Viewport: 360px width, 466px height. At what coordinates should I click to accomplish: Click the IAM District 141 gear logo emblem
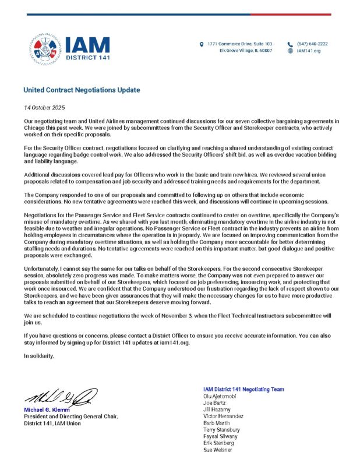(x=44, y=48)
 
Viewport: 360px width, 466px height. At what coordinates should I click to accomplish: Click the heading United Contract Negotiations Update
(x=82, y=90)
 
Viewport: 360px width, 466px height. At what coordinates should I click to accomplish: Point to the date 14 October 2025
(x=44, y=108)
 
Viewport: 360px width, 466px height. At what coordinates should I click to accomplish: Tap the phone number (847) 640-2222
(x=312, y=44)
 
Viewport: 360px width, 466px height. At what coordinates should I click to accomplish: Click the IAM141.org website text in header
(x=309, y=51)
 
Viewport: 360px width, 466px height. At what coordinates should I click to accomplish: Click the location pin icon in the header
(x=201, y=44)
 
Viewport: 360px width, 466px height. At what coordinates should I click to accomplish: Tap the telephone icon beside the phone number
(x=290, y=44)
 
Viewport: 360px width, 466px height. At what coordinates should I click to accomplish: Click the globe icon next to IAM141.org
(x=290, y=51)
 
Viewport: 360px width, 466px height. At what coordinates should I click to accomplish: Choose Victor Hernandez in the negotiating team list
(x=223, y=416)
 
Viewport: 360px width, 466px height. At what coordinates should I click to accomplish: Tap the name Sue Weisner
(x=217, y=450)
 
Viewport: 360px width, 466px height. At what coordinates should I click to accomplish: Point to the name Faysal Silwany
(x=220, y=436)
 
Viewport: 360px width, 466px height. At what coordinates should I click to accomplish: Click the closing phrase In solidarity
(x=38, y=355)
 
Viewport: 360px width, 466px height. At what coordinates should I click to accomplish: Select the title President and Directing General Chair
(x=70, y=416)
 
